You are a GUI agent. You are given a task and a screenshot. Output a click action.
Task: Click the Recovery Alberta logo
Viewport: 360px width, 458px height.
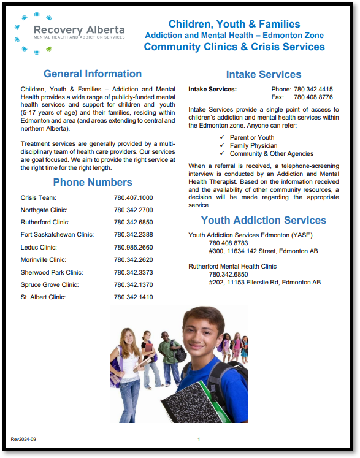(x=69, y=31)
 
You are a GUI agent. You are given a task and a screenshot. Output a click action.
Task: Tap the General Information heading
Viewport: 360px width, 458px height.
(x=93, y=74)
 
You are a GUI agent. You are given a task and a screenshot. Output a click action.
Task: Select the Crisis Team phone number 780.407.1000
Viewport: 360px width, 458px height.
(x=133, y=197)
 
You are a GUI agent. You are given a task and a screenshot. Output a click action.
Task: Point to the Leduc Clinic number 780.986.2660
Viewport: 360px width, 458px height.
(x=133, y=247)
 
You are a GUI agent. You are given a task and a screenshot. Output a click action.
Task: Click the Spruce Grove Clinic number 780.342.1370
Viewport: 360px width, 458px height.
(x=133, y=284)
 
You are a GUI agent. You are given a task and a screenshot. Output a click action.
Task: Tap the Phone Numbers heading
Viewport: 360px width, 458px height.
(x=93, y=182)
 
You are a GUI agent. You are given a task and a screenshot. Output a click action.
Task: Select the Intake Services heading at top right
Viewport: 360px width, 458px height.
(x=264, y=75)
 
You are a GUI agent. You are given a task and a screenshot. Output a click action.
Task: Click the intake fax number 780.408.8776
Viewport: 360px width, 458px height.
(x=313, y=97)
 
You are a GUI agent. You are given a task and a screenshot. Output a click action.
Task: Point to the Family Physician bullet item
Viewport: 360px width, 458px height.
(x=253, y=146)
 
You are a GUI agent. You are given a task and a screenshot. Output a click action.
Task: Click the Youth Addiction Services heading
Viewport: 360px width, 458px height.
(x=264, y=220)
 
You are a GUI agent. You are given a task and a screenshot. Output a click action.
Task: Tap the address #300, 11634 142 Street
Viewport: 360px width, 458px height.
(x=263, y=251)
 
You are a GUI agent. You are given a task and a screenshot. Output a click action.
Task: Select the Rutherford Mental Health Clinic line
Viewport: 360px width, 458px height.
(x=232, y=267)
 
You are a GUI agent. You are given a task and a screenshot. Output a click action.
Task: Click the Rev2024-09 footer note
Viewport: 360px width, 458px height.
(x=23, y=440)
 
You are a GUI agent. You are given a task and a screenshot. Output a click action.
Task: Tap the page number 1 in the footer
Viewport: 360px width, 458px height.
(x=199, y=440)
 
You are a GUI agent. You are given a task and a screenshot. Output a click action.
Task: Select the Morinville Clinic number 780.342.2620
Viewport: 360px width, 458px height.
(x=133, y=259)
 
